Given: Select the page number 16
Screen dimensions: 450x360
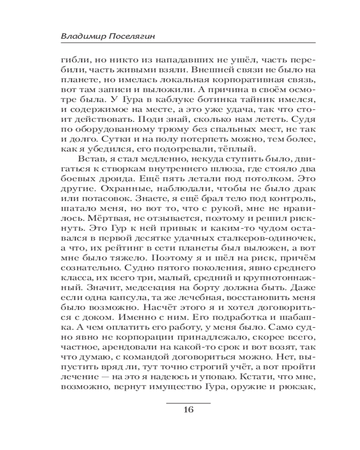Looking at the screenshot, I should click(188, 409).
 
